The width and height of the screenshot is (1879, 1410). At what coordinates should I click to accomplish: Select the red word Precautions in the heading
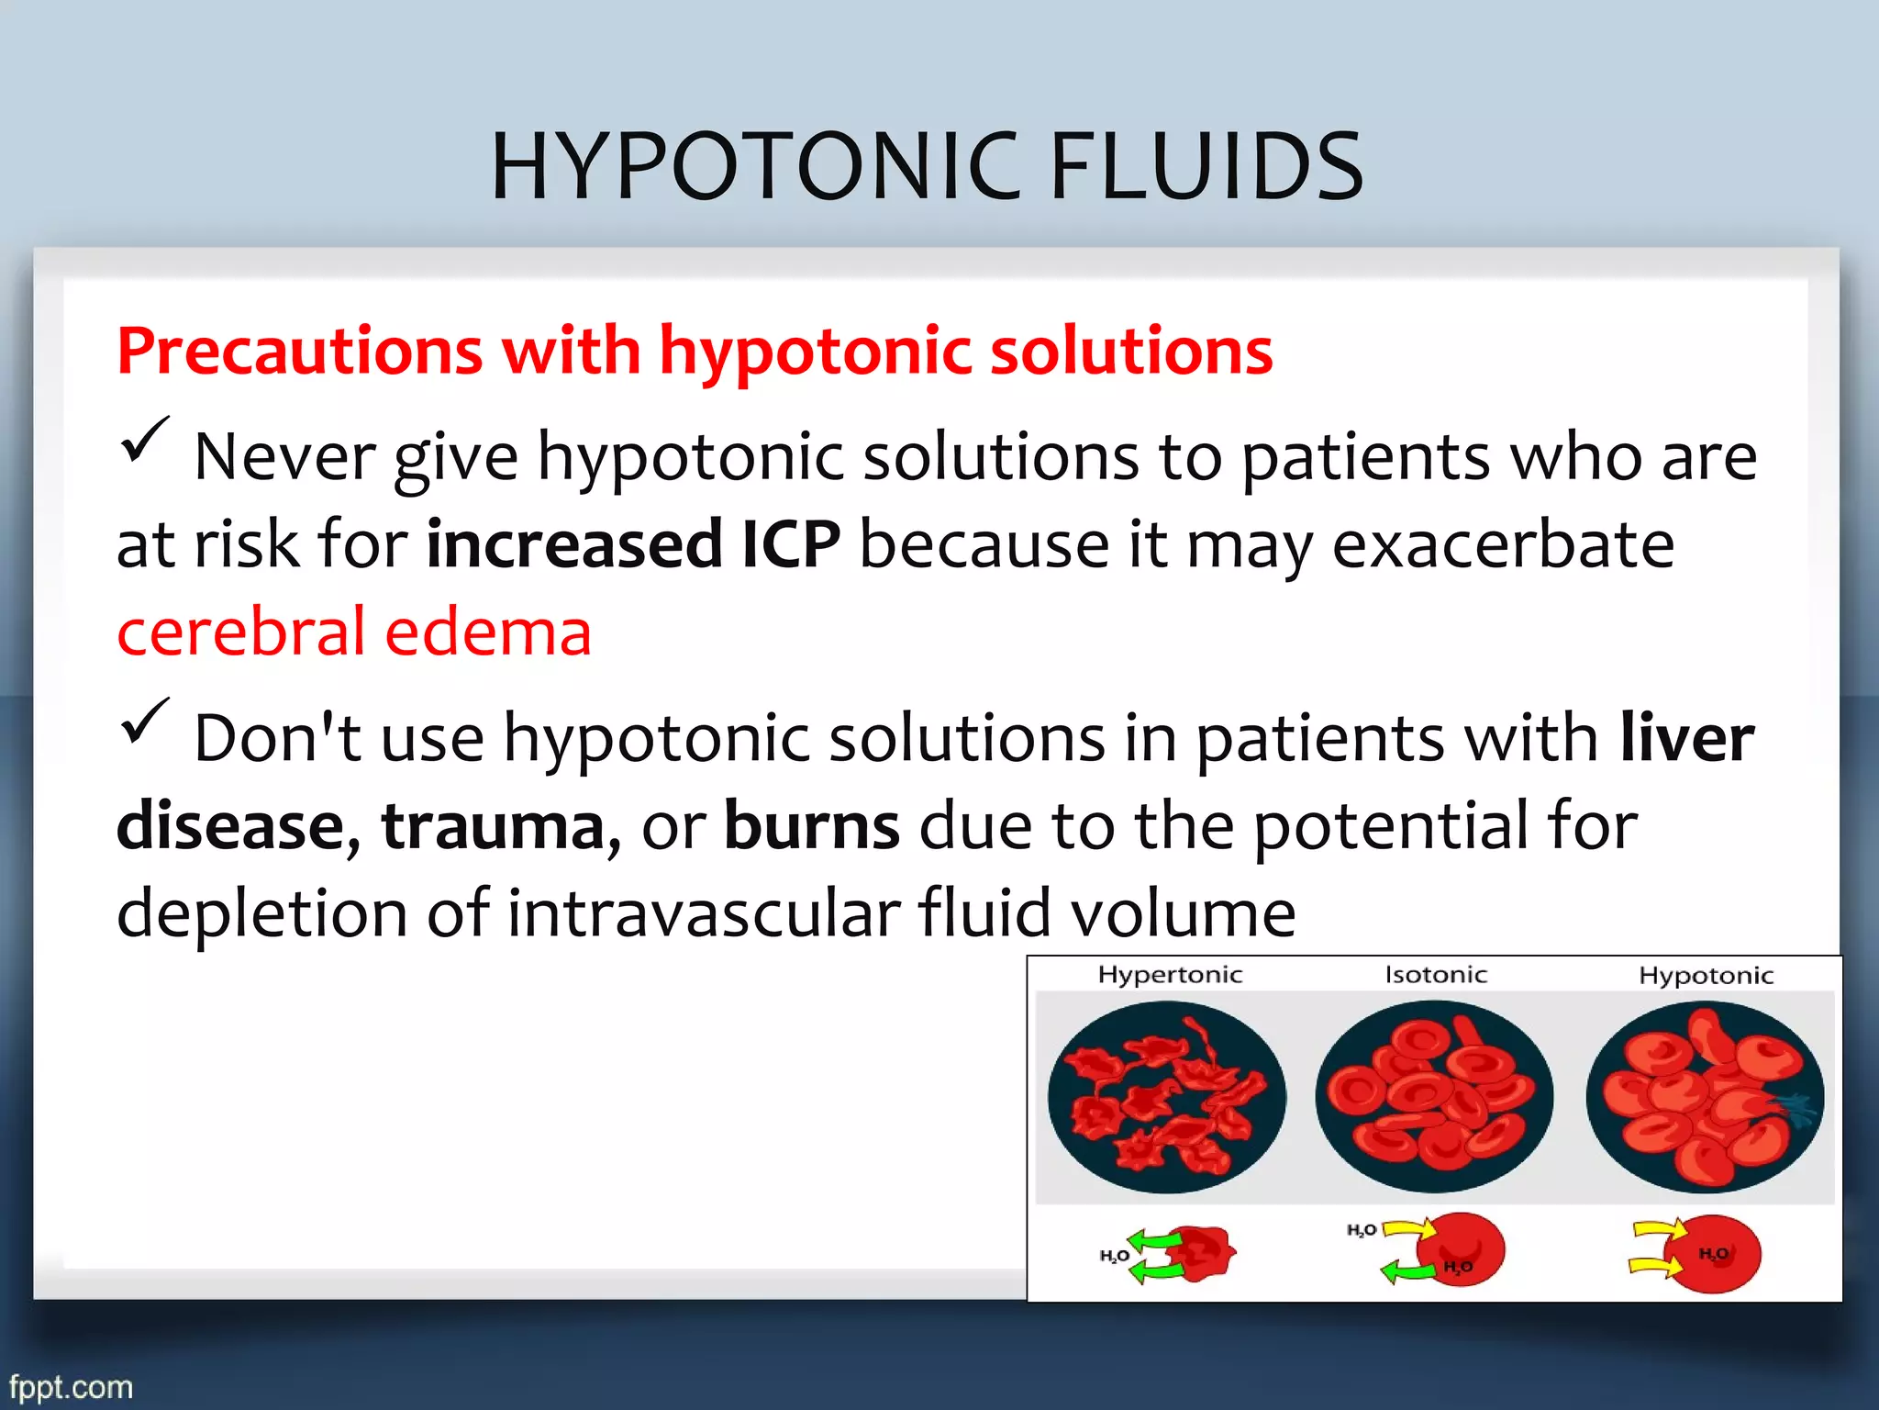coord(300,352)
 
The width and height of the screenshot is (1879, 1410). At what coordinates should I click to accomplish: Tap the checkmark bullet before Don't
coord(144,721)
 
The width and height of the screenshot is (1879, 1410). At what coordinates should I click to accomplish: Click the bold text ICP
coord(791,544)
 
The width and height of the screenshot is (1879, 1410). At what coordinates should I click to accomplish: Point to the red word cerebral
coord(241,632)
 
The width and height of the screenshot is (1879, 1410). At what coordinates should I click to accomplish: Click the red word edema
coord(487,632)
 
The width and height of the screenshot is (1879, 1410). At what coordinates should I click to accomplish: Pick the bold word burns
coord(812,825)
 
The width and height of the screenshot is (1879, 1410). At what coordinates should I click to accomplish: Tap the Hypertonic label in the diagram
coord(1170,975)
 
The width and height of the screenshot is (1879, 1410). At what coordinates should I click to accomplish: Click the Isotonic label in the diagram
coord(1436,975)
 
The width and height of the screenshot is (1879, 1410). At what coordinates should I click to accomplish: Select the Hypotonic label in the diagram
coord(1707,975)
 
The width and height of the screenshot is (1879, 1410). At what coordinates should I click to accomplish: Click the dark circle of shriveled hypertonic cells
coord(1167,1097)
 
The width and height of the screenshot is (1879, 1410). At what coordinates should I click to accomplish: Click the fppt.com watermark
coord(72,1386)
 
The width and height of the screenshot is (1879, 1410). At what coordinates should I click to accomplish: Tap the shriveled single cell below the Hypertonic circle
coord(1202,1253)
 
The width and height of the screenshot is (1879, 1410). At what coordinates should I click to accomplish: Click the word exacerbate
coord(1503,544)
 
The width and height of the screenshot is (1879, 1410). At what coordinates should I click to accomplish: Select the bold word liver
coord(1686,738)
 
